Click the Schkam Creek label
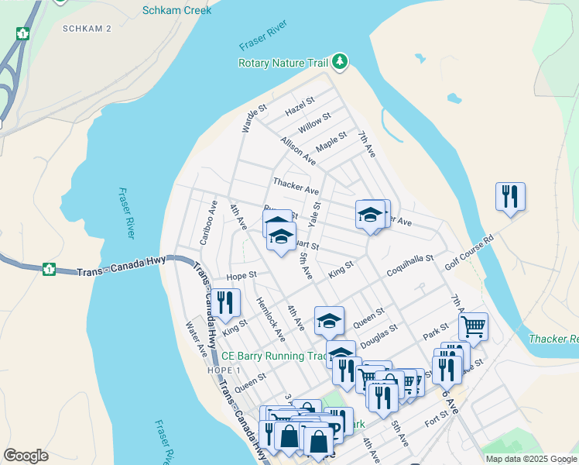[176, 10]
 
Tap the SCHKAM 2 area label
[87, 29]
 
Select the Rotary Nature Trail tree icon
[339, 61]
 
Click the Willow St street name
[314, 122]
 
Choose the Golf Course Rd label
[469, 253]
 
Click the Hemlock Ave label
[271, 319]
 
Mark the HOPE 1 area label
[225, 370]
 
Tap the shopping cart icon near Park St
[472, 326]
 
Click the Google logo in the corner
[26, 456]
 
